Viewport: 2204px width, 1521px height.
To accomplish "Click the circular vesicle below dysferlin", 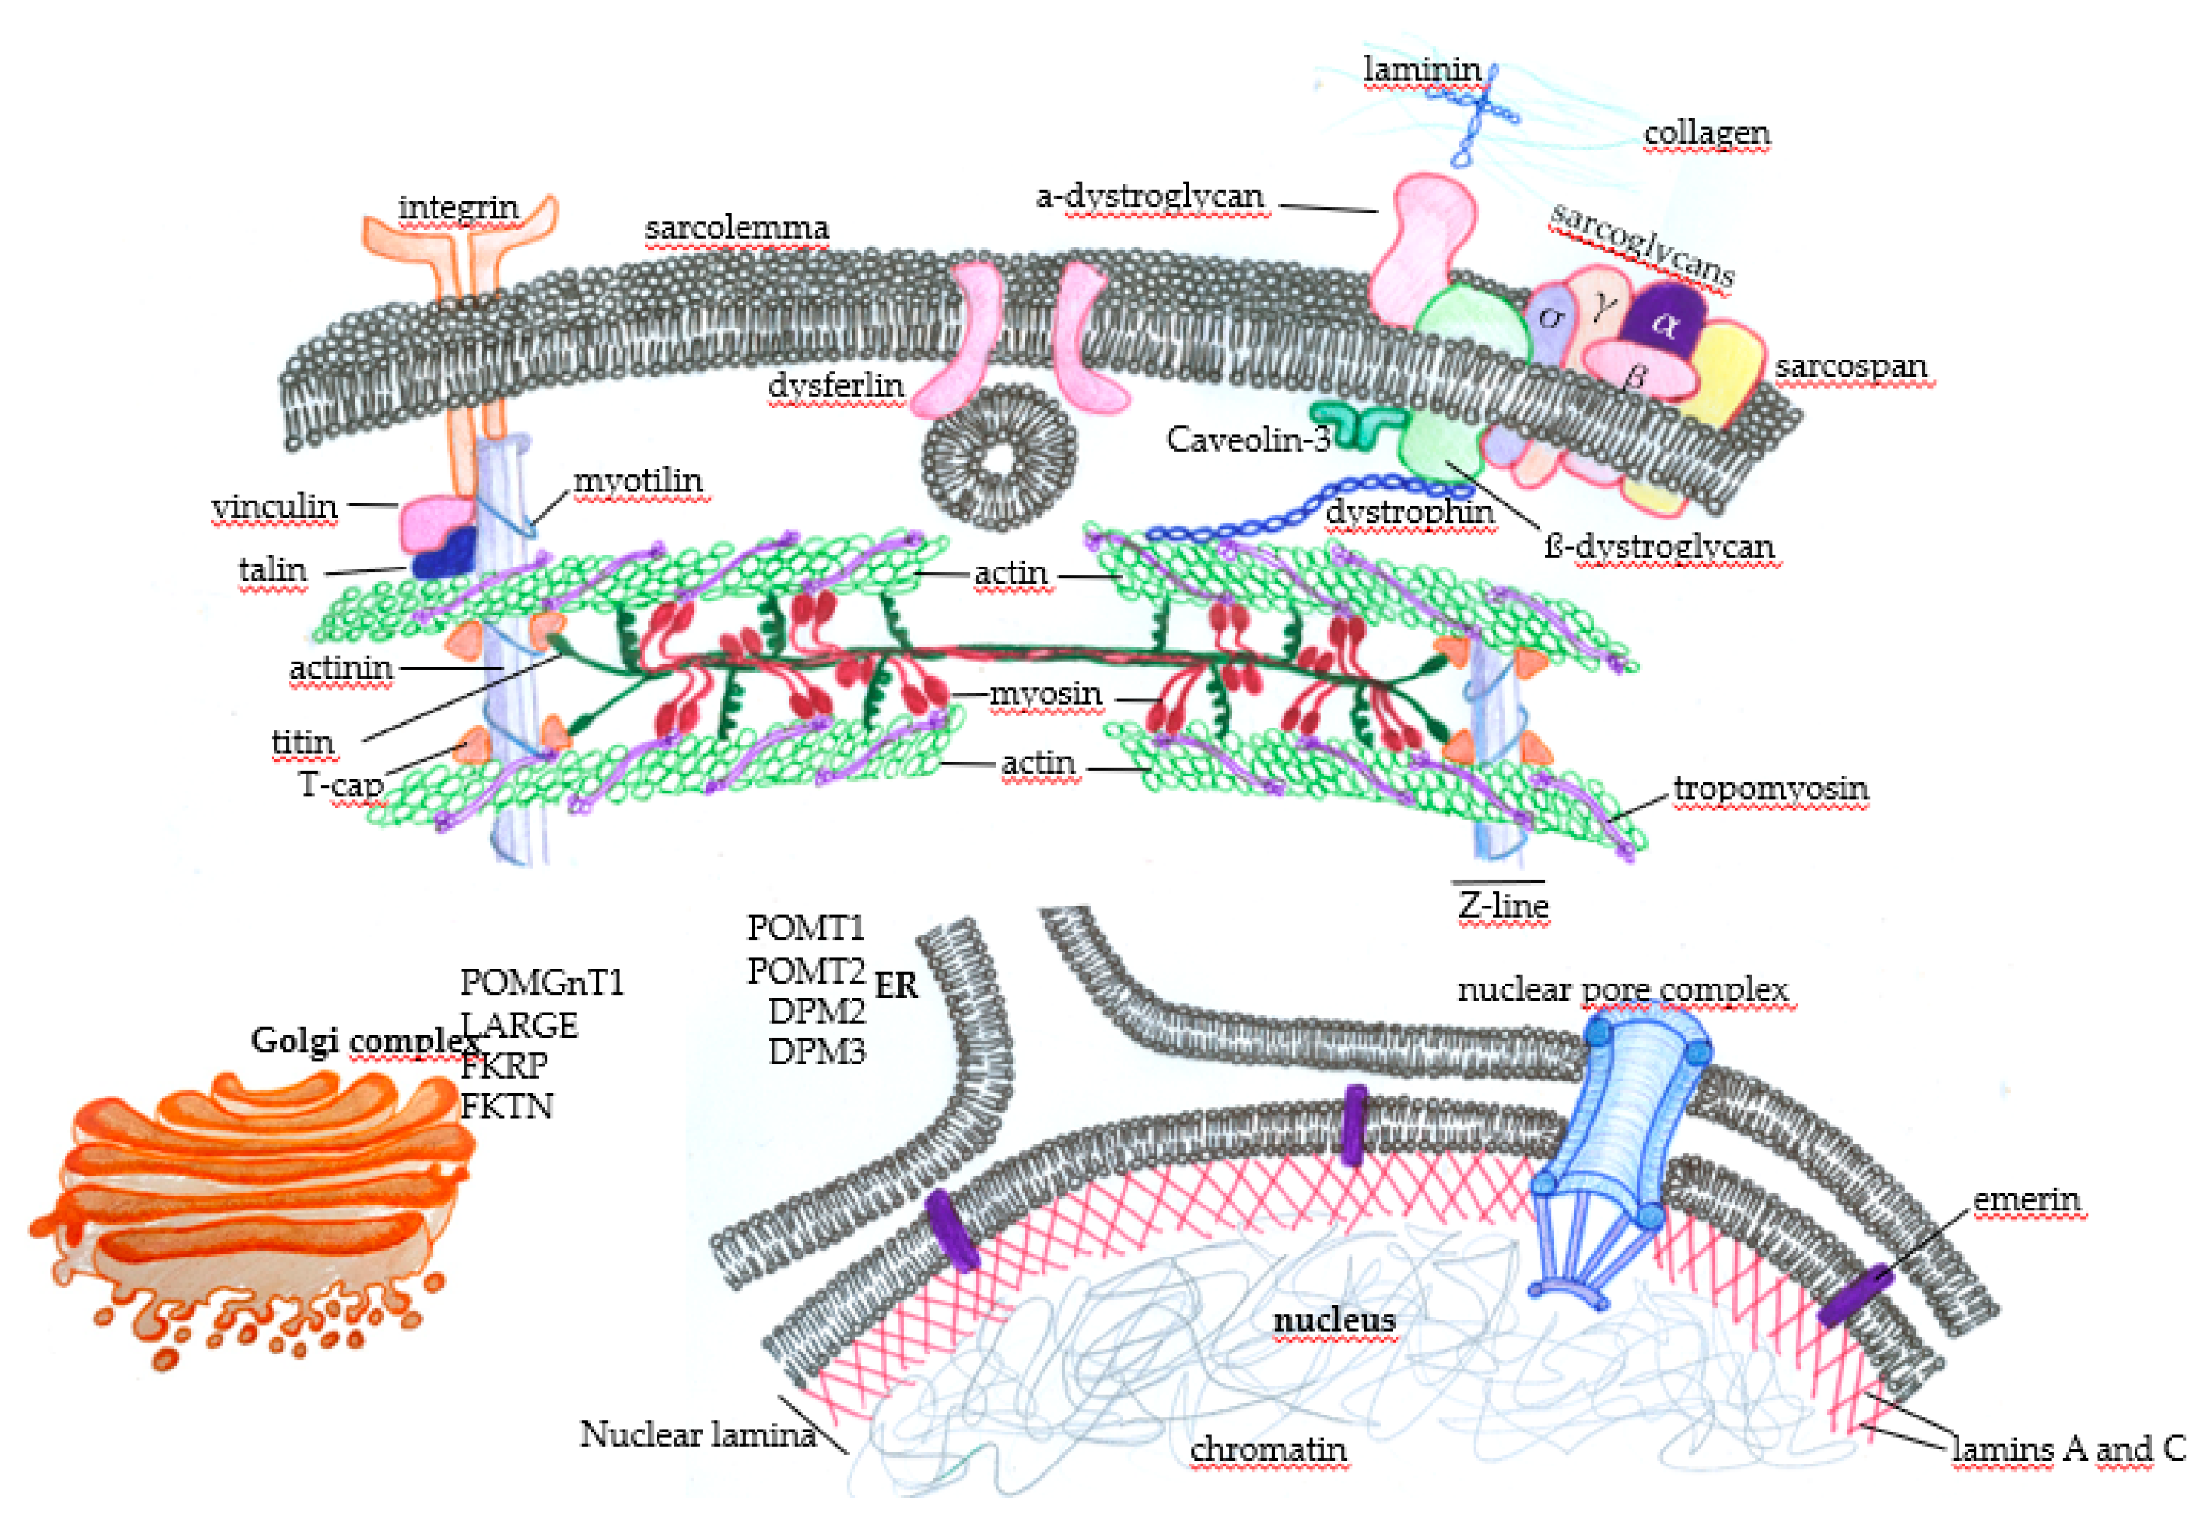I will pos(998,458).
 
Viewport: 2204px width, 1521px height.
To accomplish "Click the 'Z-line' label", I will pos(1503,906).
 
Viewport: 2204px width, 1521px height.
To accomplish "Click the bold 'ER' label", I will pos(896,986).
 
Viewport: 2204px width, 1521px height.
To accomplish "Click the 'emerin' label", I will pos(2025,1200).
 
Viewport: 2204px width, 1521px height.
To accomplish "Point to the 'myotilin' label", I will pos(638,481).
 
